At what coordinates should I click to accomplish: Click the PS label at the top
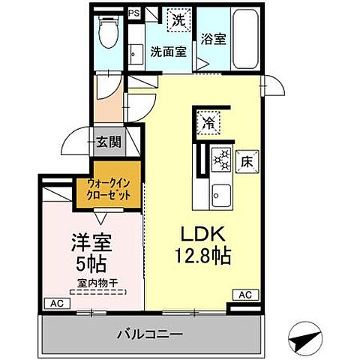(134, 13)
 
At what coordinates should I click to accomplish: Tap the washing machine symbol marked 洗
(178, 20)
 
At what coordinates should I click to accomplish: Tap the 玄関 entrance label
(106, 141)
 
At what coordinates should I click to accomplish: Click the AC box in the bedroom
(55, 304)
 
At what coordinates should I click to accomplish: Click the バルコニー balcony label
(151, 332)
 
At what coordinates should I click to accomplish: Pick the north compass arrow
(307, 339)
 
